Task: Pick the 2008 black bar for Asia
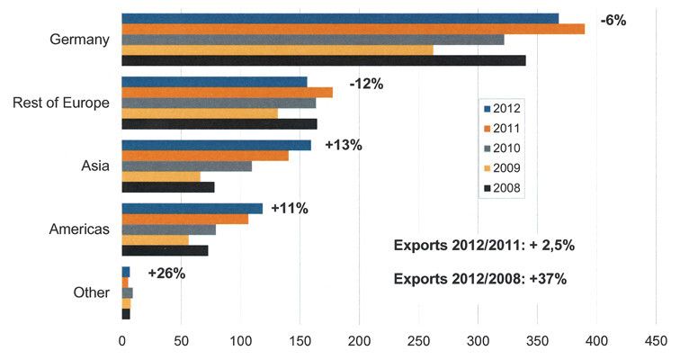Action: tap(168, 187)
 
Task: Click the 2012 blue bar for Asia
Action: tap(216, 145)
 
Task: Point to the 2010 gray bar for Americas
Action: tap(168, 229)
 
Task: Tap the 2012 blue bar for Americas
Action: tap(192, 209)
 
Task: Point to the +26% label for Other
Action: tap(166, 273)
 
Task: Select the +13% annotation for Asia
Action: tap(343, 145)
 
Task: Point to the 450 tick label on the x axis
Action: tap(657, 341)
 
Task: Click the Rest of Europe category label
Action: tap(61, 103)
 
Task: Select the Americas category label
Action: tap(79, 229)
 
